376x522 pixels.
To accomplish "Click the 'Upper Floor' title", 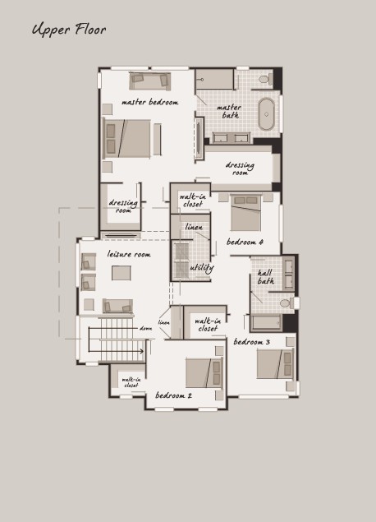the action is coord(69,30).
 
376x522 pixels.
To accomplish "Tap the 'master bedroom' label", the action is coord(150,102).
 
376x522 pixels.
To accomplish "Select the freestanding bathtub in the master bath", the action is coord(266,114).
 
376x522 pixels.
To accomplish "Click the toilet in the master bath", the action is coord(266,79).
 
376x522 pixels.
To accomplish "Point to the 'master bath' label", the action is coord(229,111).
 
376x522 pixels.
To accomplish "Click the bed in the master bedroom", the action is coord(126,139).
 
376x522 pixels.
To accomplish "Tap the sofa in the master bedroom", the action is coord(150,81).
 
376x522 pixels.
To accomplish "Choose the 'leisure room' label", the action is coord(129,254).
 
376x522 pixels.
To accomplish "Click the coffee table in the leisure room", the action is coord(122,273).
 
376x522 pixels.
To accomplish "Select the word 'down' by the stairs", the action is coord(146,329).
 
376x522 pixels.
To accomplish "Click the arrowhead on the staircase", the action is coord(142,351).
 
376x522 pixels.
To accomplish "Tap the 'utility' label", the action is coord(201,268).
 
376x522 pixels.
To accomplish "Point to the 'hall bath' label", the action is coord(266,277).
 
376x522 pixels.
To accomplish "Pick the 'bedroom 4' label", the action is coord(245,242).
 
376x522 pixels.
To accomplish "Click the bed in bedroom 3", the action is coord(275,364).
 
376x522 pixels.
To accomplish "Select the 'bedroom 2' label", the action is coord(173,395).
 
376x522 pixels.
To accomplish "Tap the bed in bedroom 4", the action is coord(245,213).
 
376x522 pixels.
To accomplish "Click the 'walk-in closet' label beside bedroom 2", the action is coord(131,382).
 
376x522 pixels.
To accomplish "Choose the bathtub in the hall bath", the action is coord(266,322).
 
